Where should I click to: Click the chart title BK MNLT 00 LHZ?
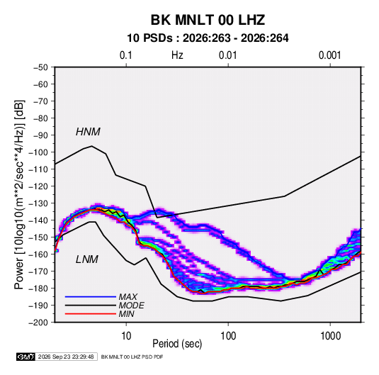coord(208,20)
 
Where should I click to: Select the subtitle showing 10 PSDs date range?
coord(208,38)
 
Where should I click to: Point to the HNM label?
coord(88,132)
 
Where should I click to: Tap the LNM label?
coord(87,259)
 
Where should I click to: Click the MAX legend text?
coord(128,297)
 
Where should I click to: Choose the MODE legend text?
coord(132,306)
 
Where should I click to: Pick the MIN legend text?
coord(126,314)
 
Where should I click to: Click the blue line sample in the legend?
coord(91,297)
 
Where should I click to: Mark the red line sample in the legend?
coord(91,314)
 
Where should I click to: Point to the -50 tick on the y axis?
coord(40,67)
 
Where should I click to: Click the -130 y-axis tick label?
coord(38,203)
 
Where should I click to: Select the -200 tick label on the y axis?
coord(38,323)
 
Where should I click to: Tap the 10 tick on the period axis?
coord(126,336)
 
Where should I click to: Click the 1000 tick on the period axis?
coord(330,336)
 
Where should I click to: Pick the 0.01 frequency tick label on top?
coord(227,55)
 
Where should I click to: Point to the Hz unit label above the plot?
coord(177,55)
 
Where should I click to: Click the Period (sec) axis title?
coord(177,344)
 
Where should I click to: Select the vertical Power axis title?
coord(19,194)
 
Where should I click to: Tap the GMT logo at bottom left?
coord(26,357)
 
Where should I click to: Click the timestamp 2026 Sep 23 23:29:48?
coord(66,357)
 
